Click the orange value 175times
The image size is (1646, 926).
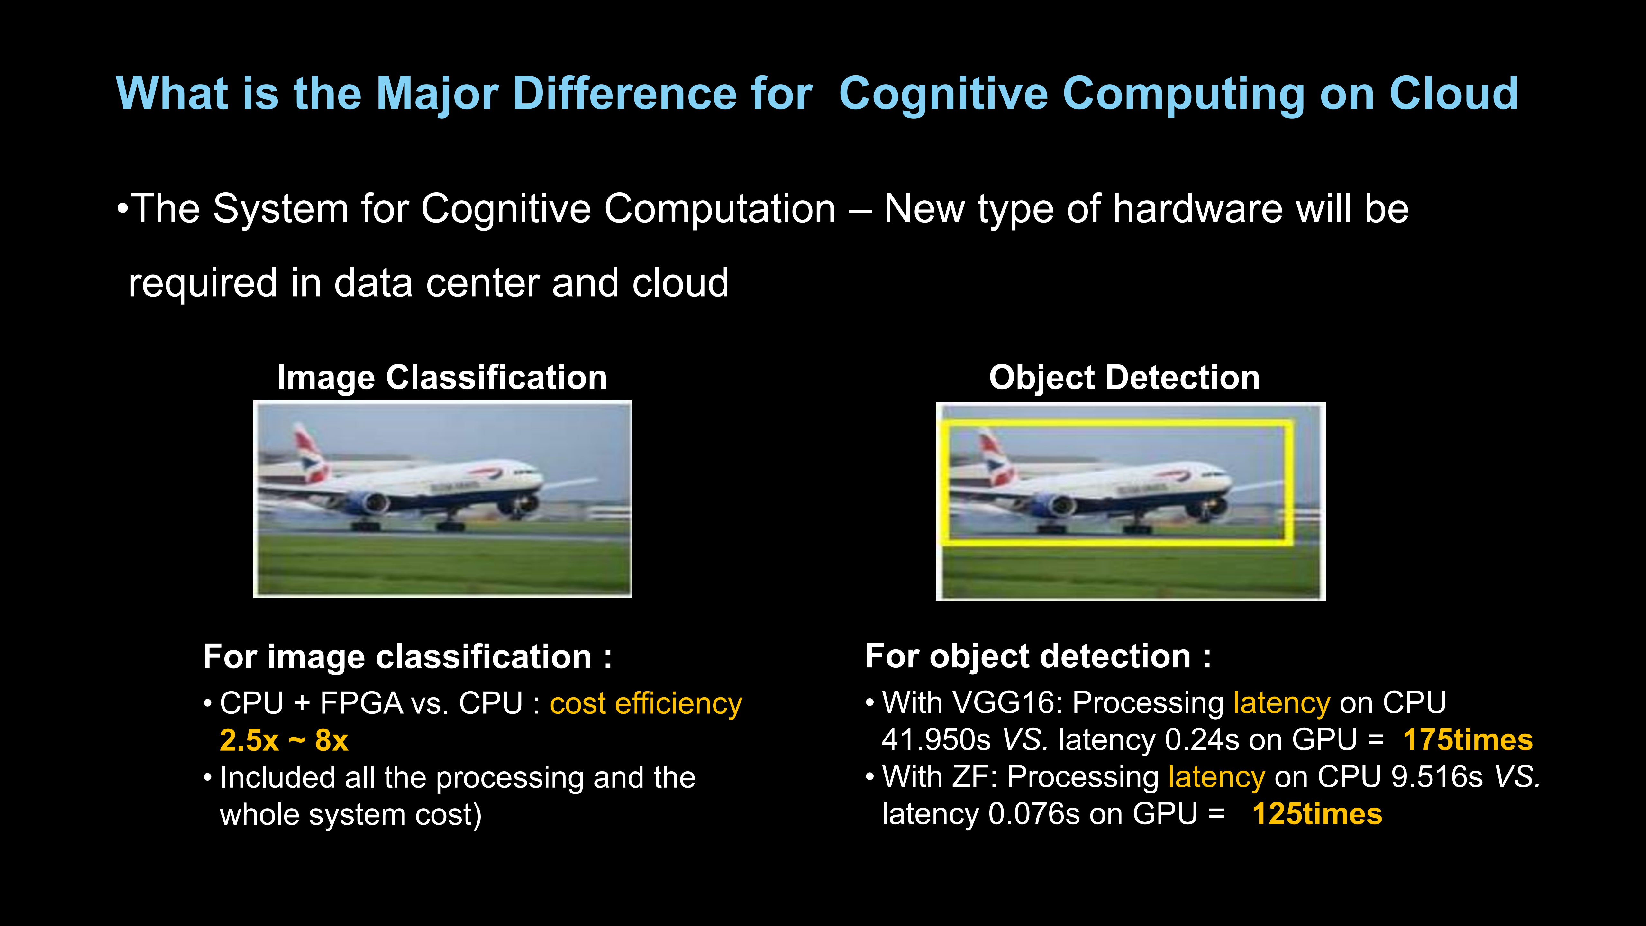[1467, 740]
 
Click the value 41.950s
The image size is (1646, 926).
[936, 740]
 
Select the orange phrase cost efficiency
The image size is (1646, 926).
[645, 703]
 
